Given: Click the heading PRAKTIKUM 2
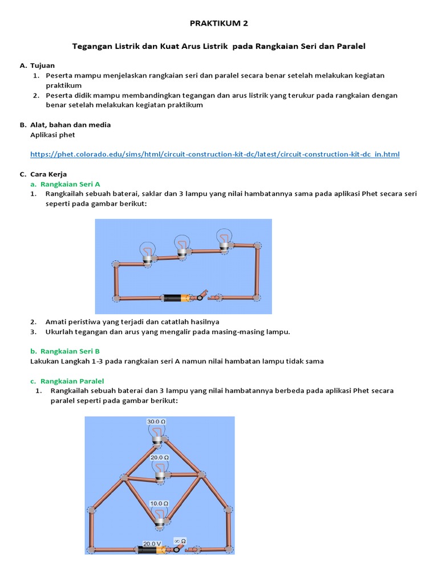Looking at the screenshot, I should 219,23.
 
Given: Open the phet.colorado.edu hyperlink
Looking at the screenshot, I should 214,154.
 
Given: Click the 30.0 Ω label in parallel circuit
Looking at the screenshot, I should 156,422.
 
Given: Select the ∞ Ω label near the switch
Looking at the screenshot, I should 180,540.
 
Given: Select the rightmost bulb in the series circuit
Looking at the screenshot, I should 224,238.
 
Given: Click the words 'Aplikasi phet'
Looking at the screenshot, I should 52,135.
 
